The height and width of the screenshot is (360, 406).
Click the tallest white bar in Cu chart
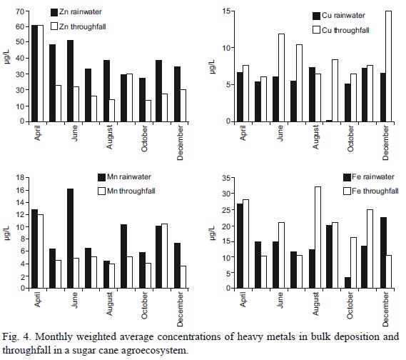tap(388, 66)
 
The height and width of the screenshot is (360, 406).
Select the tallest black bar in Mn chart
tap(70, 238)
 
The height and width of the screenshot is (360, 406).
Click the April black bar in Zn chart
tap(34, 73)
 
